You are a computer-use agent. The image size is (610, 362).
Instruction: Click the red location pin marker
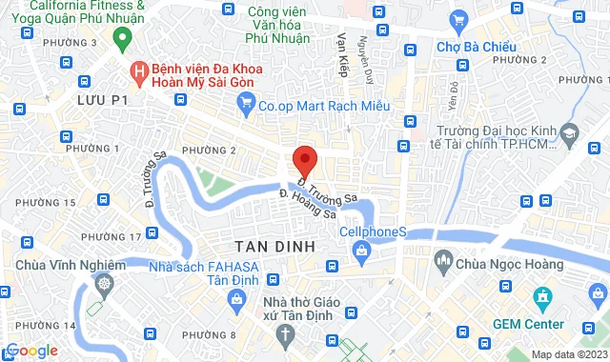pos(304,159)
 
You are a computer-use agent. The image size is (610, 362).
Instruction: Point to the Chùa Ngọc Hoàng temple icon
pos(443,258)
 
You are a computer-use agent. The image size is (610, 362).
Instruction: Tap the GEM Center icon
pos(543,299)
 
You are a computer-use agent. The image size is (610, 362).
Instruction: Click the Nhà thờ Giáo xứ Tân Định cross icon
pos(285,333)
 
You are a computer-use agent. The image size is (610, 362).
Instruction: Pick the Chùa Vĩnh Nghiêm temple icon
pos(103,284)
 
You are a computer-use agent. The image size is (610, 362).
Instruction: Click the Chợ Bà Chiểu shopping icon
pos(459,20)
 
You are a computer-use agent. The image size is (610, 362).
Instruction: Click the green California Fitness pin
pos(121,39)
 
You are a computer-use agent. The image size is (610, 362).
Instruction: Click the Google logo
pos(32,351)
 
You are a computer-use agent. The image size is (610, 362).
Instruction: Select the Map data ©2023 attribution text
pos(568,355)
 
